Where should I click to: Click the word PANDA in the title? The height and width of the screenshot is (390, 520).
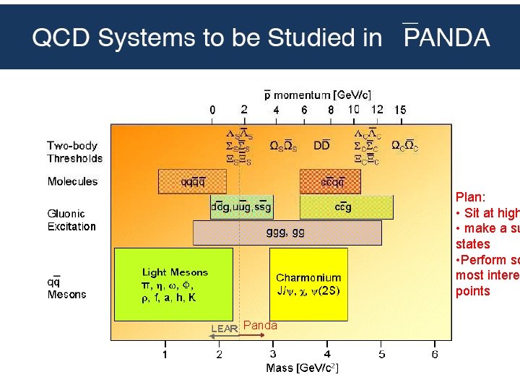pos(446,38)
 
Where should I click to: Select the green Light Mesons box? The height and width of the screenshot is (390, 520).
pos(174,285)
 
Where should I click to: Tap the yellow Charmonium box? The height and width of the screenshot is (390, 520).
pos(308,284)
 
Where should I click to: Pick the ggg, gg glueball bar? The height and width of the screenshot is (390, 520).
pos(287,233)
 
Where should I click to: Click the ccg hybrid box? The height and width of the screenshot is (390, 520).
pos(346,207)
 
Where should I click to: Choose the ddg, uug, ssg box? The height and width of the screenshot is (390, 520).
pos(242,207)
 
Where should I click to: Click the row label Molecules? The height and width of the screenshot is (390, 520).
pos(72,181)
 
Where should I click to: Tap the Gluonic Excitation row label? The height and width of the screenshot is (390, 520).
pos(71,220)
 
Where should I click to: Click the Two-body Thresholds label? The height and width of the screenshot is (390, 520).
pos(75,152)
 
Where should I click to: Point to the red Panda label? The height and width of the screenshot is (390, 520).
pos(260,326)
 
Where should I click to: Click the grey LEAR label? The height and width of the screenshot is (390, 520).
pos(224,329)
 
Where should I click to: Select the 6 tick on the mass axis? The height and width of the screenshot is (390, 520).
pos(435,354)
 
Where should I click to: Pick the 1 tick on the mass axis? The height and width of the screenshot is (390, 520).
pos(165,354)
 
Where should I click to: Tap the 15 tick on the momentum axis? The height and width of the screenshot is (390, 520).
pos(399,110)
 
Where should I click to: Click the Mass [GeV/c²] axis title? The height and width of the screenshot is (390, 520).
pos(302,368)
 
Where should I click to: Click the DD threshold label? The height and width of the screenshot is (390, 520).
pos(321,145)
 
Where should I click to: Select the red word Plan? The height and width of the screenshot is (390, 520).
pos(470,196)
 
